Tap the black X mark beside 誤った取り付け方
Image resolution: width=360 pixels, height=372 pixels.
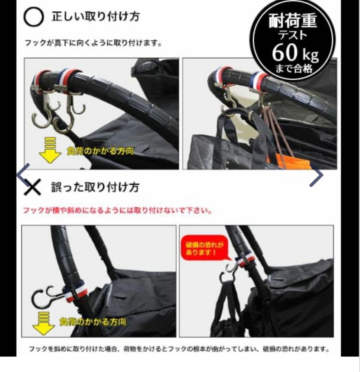click(33, 188)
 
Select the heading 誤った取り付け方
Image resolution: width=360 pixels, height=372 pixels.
click(95, 188)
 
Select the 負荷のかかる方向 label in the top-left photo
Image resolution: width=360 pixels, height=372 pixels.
click(100, 152)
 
